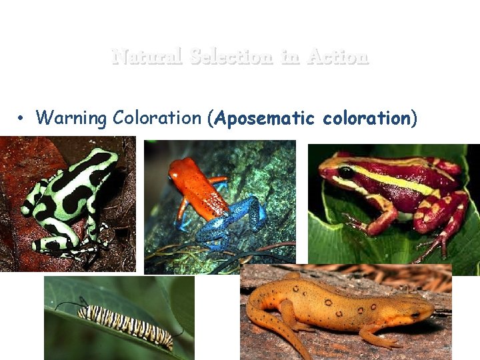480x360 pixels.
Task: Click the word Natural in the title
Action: click(x=147, y=57)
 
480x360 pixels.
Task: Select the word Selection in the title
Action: click(x=231, y=57)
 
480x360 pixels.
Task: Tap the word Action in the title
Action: click(x=338, y=57)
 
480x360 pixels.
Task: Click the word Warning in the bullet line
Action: click(x=72, y=119)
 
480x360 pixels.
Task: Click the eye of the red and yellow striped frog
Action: click(x=345, y=172)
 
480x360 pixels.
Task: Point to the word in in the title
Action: click(x=290, y=57)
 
